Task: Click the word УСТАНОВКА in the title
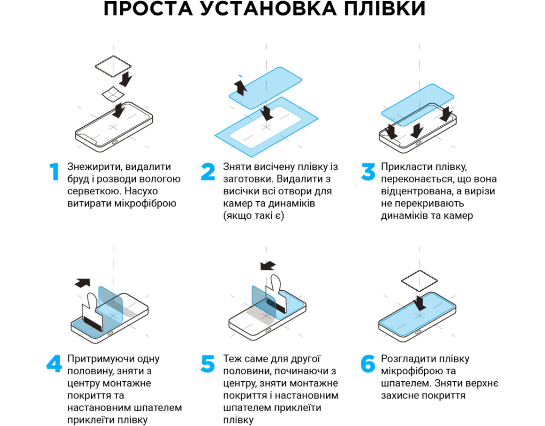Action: point(268,9)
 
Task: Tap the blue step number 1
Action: point(54,171)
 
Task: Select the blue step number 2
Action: point(208,171)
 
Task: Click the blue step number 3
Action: point(368,171)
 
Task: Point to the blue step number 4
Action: point(54,364)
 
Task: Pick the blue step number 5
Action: point(208,364)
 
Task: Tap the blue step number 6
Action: point(368,364)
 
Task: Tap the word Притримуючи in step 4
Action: point(98,359)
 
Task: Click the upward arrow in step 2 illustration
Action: point(240,87)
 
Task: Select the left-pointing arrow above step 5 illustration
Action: point(268,266)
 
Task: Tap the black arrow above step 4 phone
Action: point(82,283)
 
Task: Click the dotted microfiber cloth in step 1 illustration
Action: point(113,66)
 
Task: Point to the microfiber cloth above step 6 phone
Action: point(419,281)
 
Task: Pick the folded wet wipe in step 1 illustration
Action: point(113,94)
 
